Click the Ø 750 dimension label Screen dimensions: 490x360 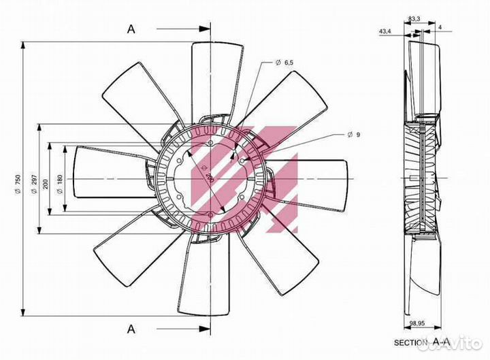click(18, 184)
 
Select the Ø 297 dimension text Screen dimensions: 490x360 click(34, 184)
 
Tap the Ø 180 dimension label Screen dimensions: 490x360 click(61, 184)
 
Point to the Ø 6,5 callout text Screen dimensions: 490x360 click(284, 63)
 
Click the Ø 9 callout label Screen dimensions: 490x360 click(354, 135)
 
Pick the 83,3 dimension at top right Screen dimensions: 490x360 click(414, 19)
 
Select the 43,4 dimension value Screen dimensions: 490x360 click(385, 31)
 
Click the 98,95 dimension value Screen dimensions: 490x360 click(417, 324)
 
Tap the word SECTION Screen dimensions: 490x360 click(410, 343)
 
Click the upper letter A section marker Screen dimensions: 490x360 click(131, 29)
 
